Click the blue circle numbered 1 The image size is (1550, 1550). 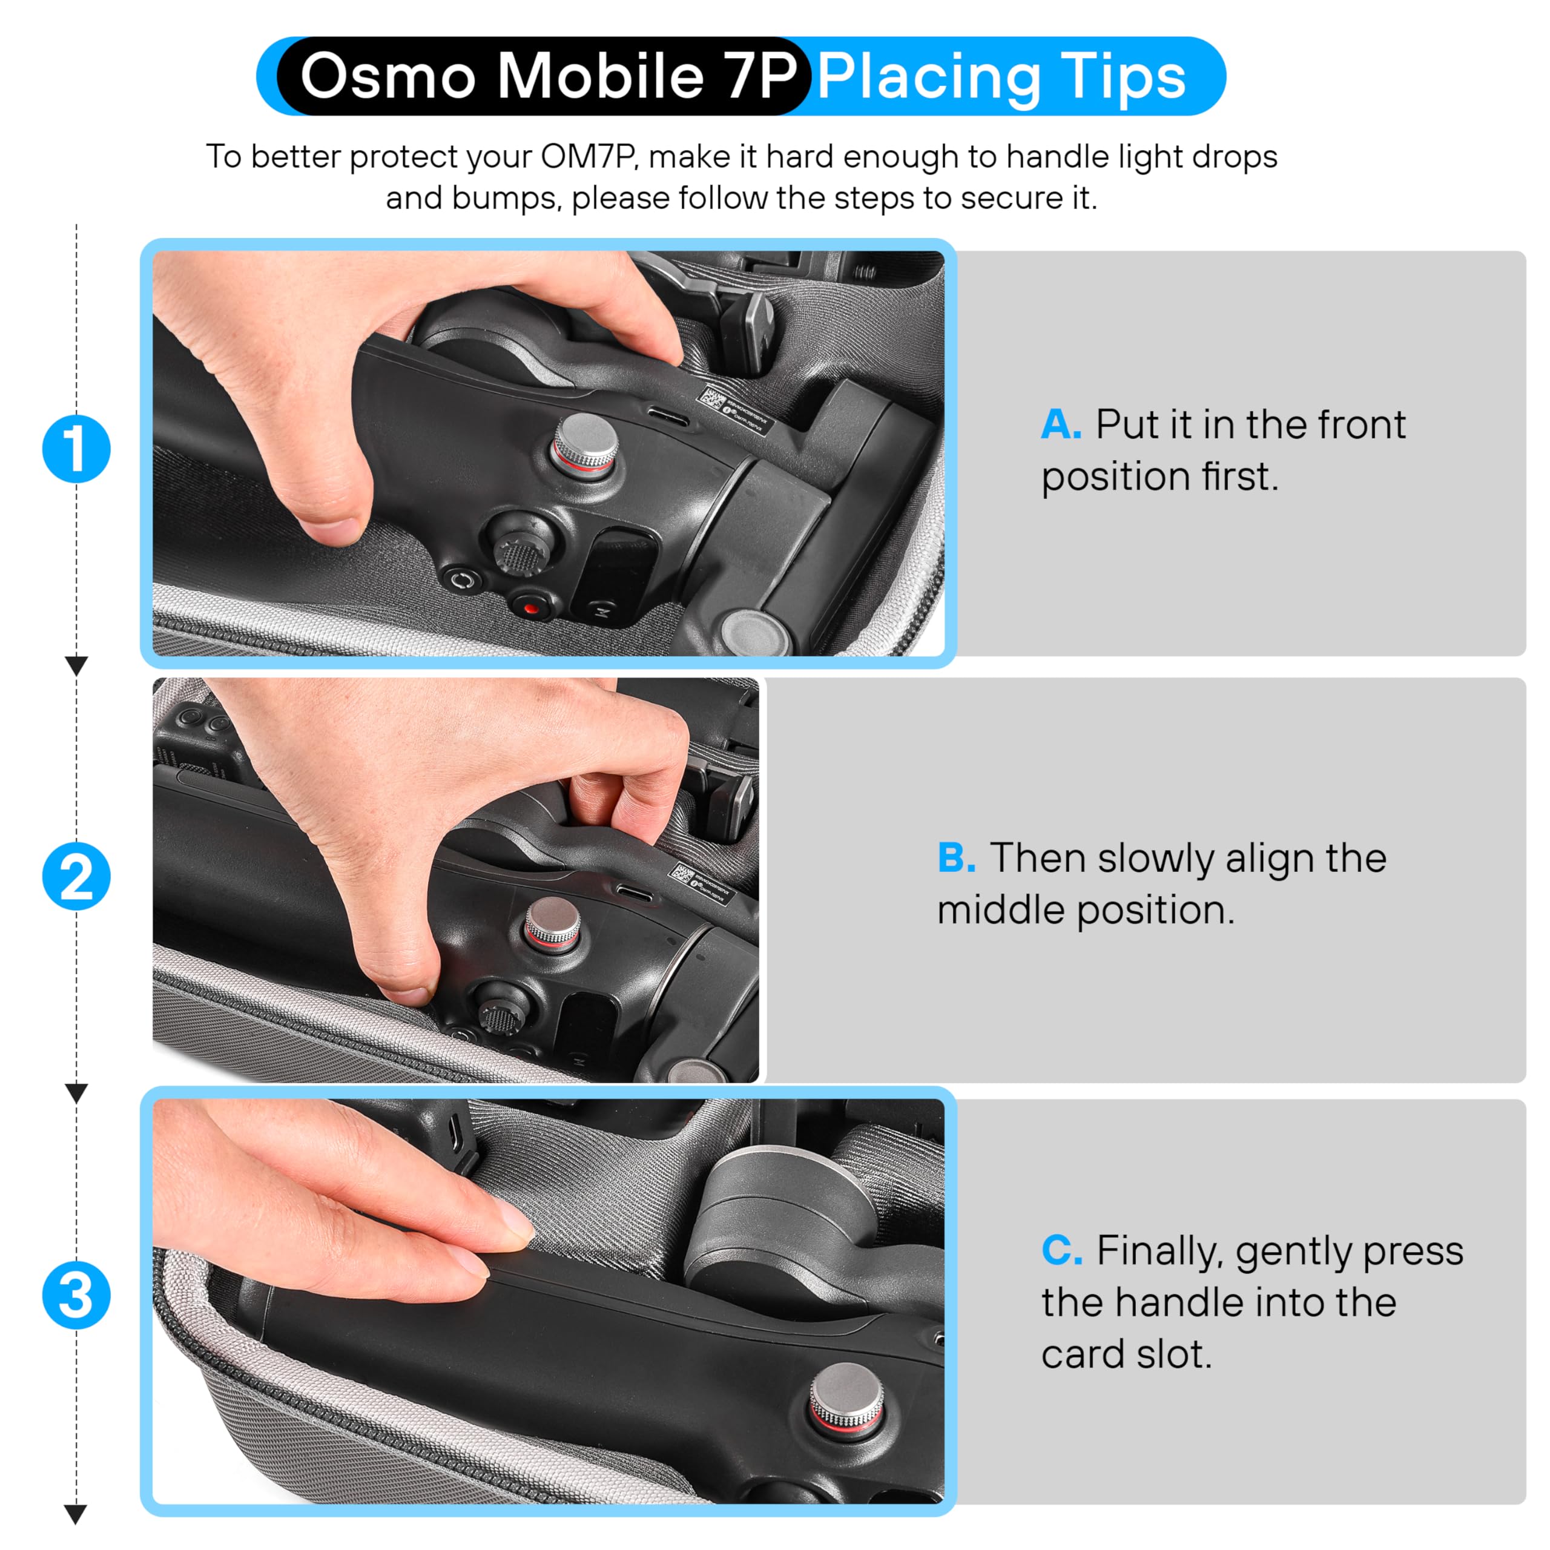pyautogui.click(x=76, y=449)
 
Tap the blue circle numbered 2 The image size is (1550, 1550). pyautogui.click(x=76, y=876)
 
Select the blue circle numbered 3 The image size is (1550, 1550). pyautogui.click(x=76, y=1296)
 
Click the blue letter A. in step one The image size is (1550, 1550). pyautogui.click(x=1061, y=424)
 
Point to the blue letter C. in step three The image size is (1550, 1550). pyautogui.click(x=1061, y=1251)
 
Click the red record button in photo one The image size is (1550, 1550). pyautogui.click(x=530, y=607)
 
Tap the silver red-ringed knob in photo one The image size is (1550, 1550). pyautogui.click(x=585, y=441)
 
